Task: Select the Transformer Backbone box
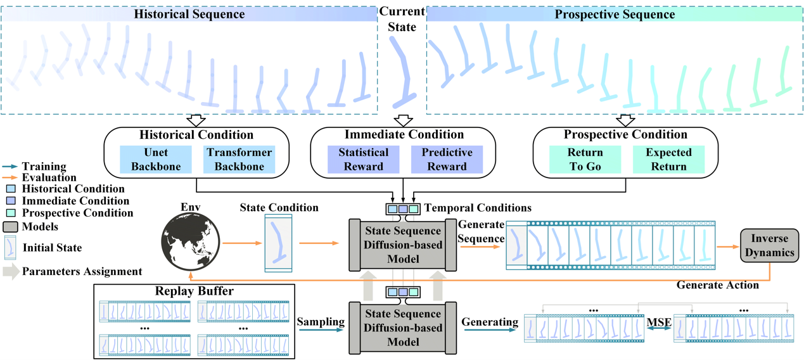point(239,159)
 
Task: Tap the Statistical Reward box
point(364,159)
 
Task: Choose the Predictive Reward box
point(447,159)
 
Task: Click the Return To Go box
point(585,159)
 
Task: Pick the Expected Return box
point(668,159)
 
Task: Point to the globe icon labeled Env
point(190,243)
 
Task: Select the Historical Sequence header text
point(190,14)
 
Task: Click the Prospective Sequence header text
point(614,14)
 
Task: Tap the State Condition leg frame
point(278,243)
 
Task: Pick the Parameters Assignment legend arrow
point(11,271)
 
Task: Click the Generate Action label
point(717,285)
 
